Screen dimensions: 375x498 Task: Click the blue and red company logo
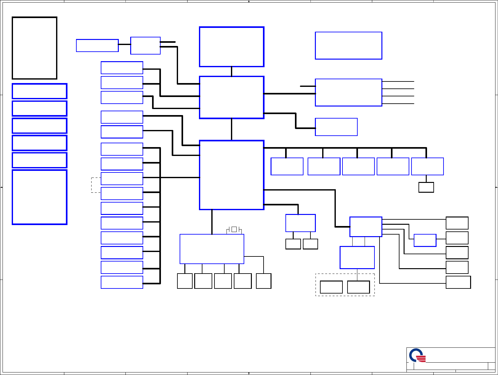417,355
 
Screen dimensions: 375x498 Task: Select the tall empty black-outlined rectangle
35,48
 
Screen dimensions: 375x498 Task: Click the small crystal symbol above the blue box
234,229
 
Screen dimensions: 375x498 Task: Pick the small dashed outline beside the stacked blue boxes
96,185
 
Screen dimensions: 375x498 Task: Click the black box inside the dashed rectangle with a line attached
358,287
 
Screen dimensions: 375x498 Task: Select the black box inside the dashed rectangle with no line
331,287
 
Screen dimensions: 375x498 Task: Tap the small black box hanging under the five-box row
426,187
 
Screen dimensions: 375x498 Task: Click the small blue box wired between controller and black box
425,240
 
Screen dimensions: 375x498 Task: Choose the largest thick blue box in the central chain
232,175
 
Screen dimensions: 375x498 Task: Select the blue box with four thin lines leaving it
348,93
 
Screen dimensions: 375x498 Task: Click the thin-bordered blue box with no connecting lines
348,46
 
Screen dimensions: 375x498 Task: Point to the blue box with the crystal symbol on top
212,249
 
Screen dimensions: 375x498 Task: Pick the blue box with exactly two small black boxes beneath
300,223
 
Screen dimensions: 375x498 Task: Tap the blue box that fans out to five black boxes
366,227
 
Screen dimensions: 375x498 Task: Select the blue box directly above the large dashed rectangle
357,257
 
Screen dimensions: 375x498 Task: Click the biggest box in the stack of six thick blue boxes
40,197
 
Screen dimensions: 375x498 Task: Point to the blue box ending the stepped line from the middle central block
336,127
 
